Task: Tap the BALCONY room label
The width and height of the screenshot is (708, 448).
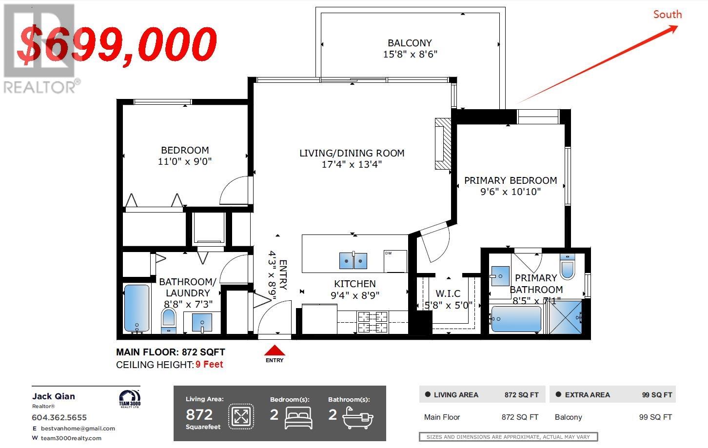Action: [410, 42]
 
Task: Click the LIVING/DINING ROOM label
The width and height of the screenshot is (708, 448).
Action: [352, 153]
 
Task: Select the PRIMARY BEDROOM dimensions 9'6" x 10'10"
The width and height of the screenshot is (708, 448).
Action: [511, 192]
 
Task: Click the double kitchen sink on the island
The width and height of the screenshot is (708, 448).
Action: [354, 261]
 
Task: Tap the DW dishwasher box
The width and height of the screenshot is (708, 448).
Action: [395, 261]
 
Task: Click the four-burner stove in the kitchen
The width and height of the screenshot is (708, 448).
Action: [373, 322]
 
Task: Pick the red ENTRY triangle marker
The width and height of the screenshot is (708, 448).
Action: [275, 351]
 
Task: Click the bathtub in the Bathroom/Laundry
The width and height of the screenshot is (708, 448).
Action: [137, 309]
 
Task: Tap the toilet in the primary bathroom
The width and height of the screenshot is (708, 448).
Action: [568, 267]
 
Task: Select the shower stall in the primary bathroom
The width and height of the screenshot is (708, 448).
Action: [565, 317]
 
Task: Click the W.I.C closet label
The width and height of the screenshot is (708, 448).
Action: [448, 293]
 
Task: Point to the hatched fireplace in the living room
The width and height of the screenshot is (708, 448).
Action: [443, 144]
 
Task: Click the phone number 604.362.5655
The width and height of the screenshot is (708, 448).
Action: [59, 418]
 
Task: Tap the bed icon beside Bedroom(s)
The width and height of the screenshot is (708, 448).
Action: [298, 418]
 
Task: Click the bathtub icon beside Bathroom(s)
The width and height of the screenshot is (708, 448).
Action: [358, 418]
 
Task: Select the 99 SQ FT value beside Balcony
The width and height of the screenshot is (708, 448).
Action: [655, 417]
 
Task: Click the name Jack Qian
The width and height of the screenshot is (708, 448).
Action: [54, 396]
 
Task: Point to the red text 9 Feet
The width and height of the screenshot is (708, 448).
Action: [209, 365]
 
